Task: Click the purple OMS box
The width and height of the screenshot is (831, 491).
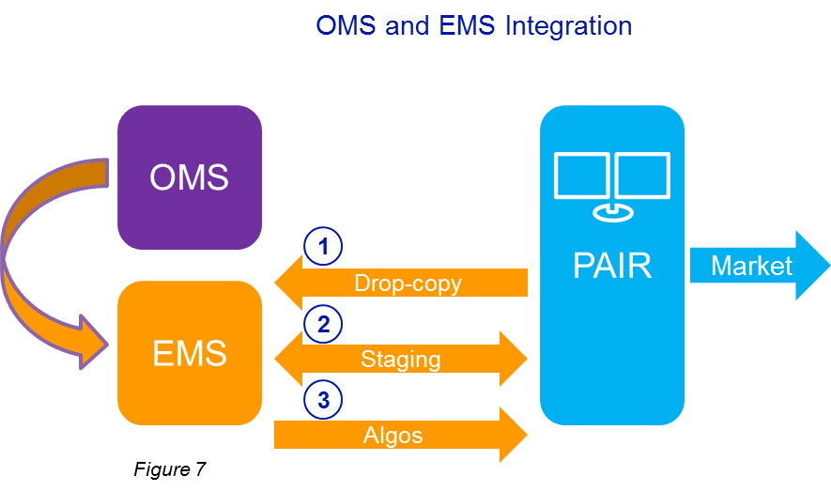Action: click(x=189, y=176)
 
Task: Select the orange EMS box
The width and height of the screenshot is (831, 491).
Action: click(x=189, y=353)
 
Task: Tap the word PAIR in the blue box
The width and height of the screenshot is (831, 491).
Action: click(x=612, y=266)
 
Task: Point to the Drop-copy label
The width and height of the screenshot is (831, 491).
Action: click(x=408, y=283)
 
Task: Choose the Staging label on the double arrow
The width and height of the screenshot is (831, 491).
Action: click(x=400, y=359)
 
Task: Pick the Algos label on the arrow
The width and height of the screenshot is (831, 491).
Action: click(x=392, y=435)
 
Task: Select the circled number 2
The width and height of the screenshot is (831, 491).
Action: click(x=323, y=325)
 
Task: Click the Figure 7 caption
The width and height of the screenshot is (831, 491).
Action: click(x=169, y=469)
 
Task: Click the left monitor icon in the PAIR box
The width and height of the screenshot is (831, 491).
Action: click(x=582, y=176)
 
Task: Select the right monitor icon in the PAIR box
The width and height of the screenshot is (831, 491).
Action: click(x=642, y=176)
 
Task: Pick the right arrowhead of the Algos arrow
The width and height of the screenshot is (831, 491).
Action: click(x=512, y=435)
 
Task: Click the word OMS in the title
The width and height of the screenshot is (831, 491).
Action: click(x=346, y=25)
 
